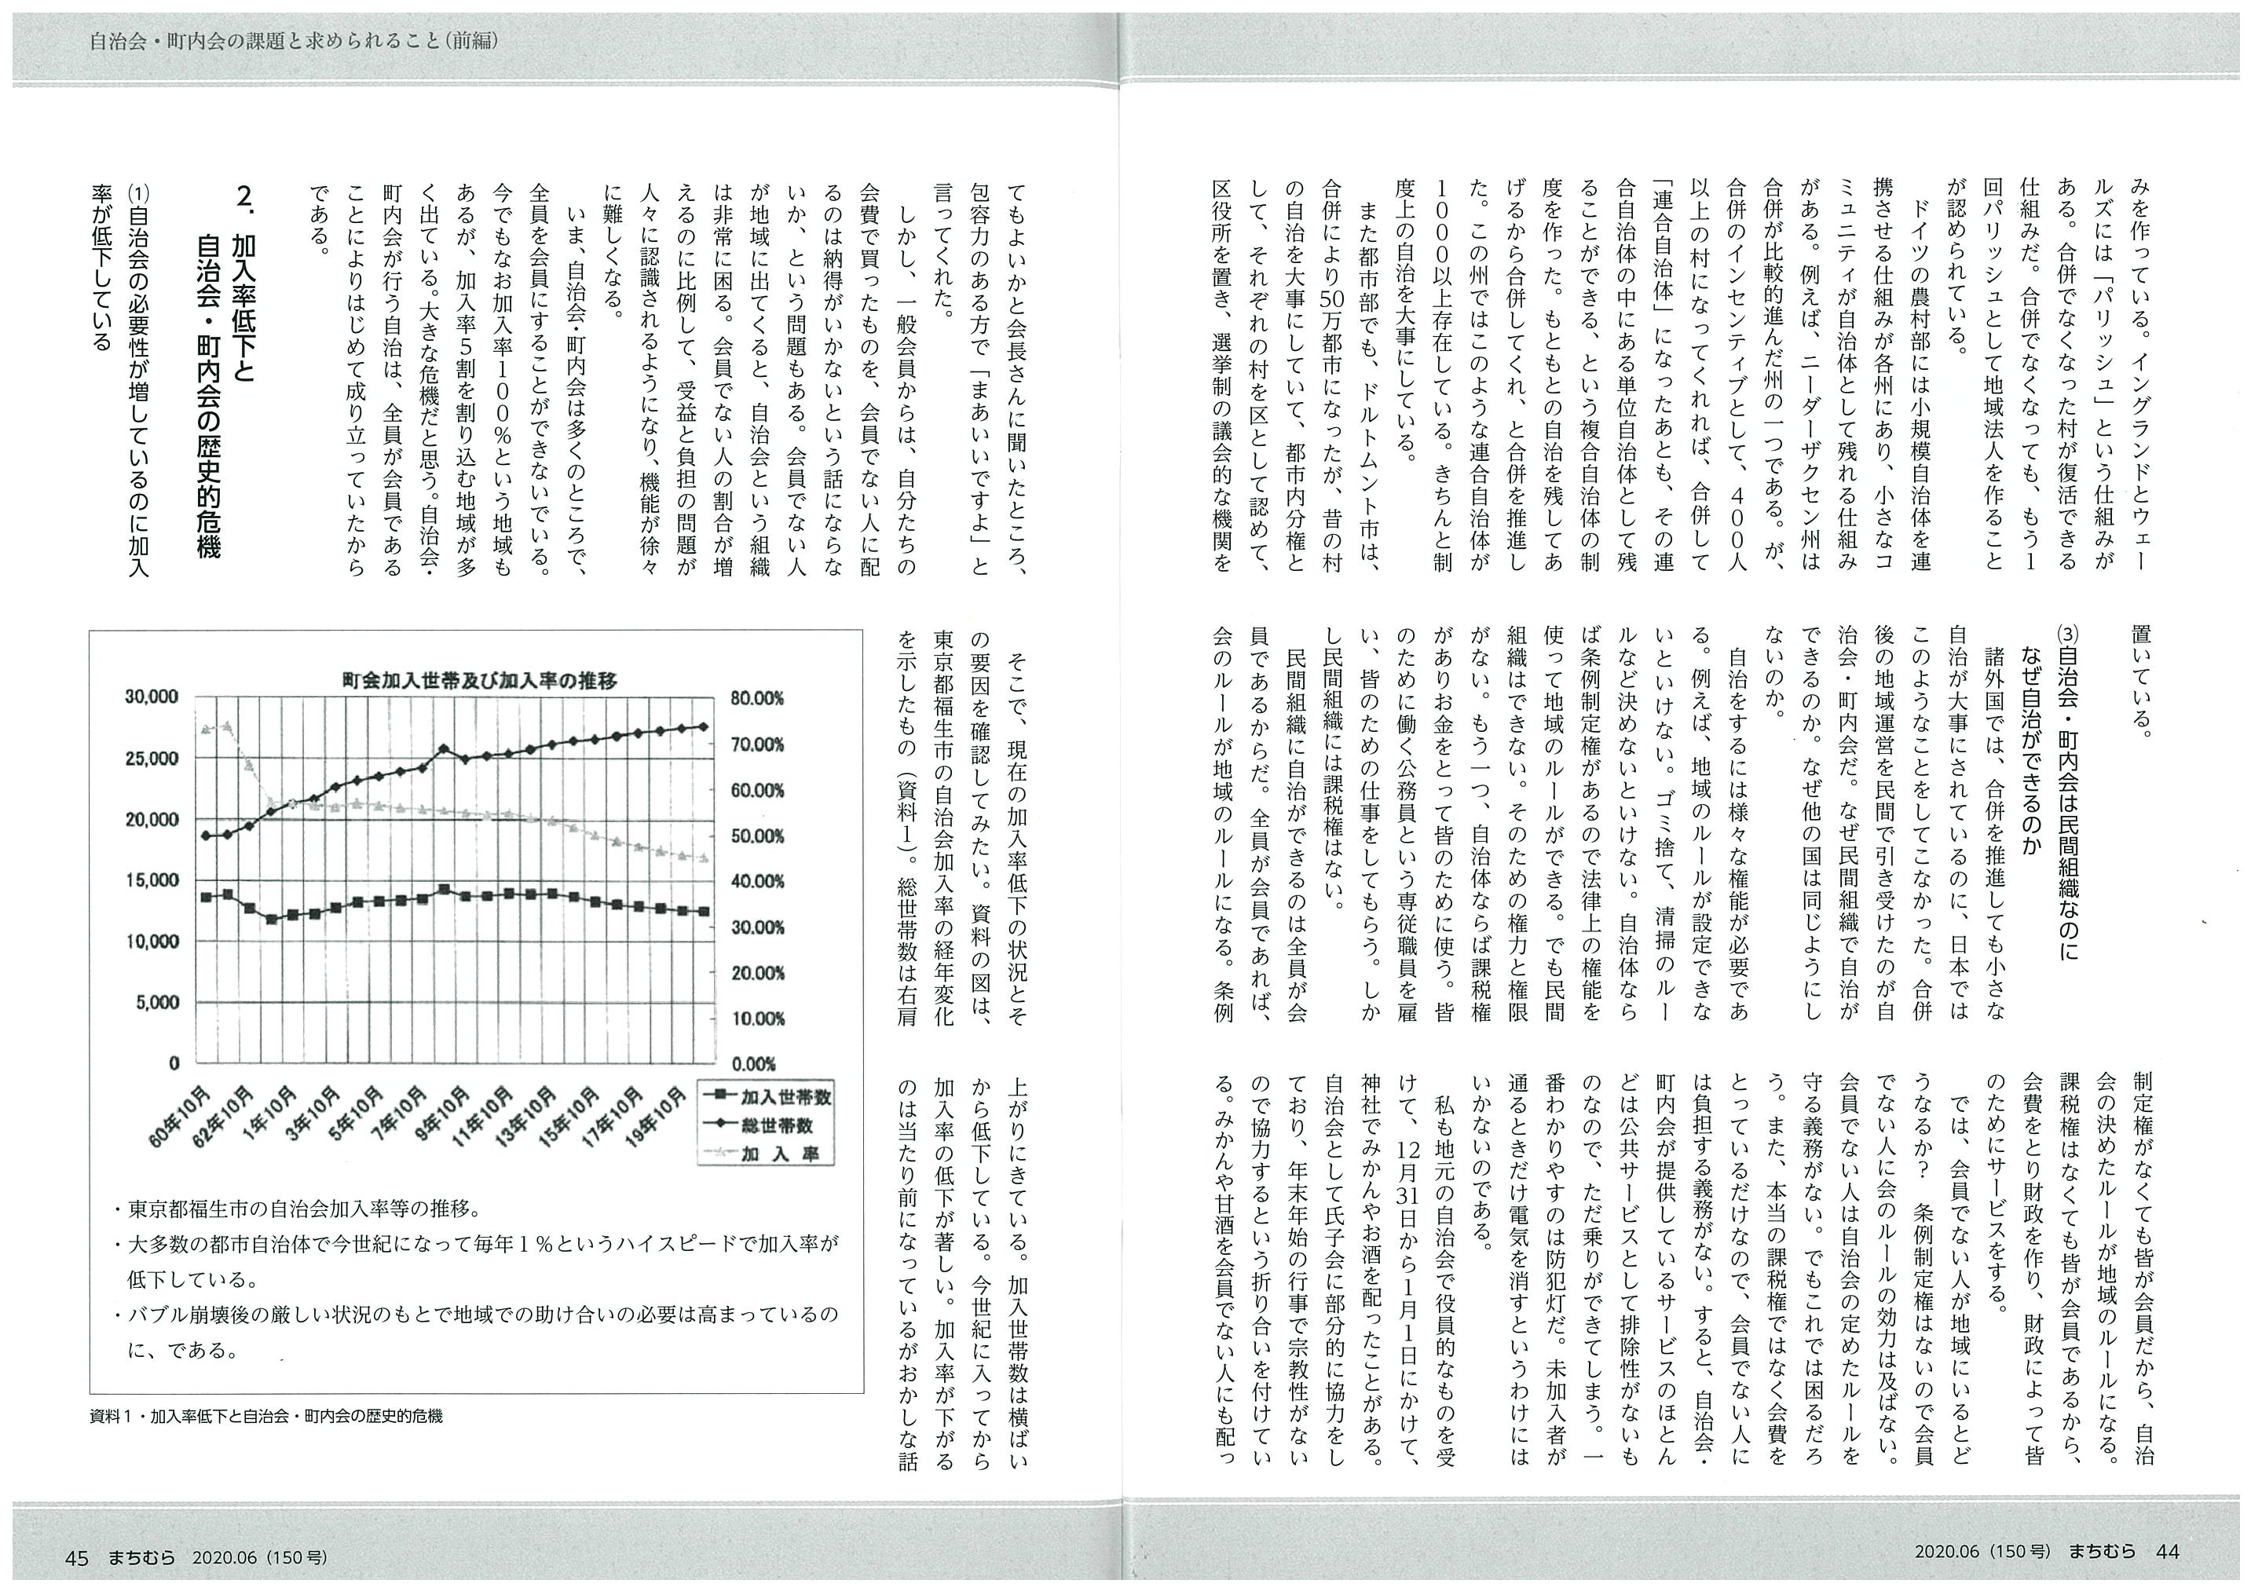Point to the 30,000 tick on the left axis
click(x=152, y=698)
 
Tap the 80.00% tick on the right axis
click(x=757, y=698)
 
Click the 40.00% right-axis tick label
click(x=757, y=881)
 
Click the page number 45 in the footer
click(x=78, y=1556)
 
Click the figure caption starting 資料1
click(x=265, y=1416)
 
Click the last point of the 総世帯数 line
click(x=705, y=726)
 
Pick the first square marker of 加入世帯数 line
click(x=206, y=897)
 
